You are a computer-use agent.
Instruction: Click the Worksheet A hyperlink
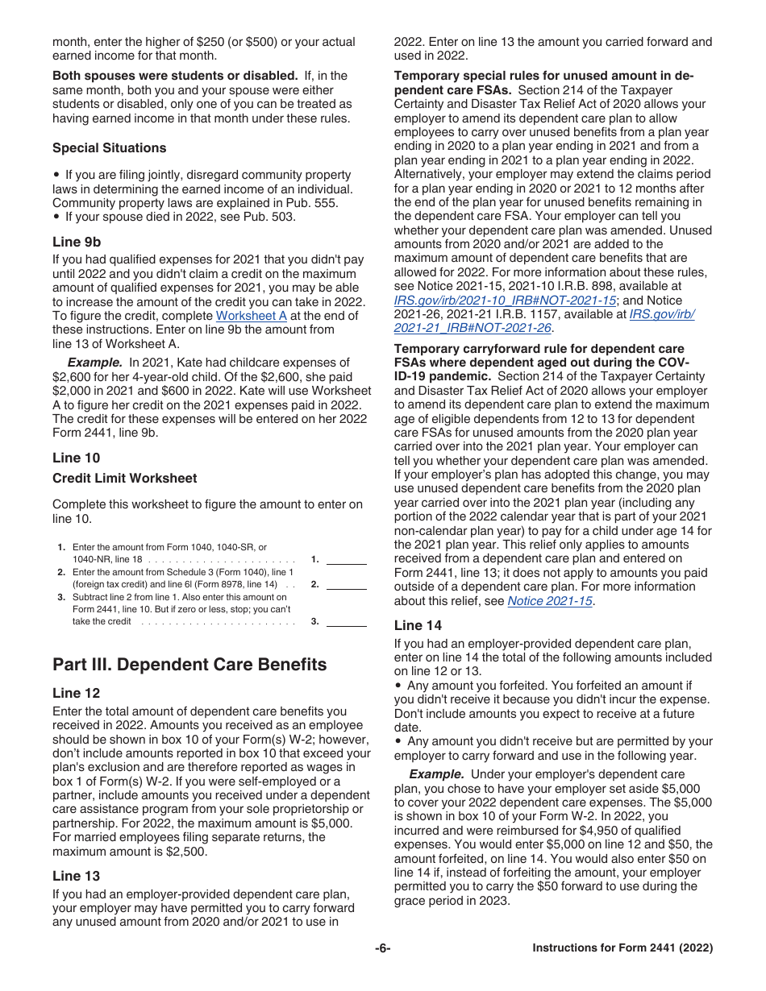[x=251, y=316]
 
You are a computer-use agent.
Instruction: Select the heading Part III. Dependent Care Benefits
[x=189, y=665]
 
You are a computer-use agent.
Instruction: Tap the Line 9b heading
[x=77, y=242]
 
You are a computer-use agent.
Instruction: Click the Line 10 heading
[x=77, y=458]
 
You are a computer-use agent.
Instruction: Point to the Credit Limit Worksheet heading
[x=124, y=479]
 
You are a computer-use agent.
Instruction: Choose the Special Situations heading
[x=110, y=148]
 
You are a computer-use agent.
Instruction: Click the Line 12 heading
[x=77, y=693]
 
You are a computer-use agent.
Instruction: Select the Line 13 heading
[x=77, y=876]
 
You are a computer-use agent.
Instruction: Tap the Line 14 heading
[x=418, y=625]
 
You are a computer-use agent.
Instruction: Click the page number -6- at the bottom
[x=383, y=948]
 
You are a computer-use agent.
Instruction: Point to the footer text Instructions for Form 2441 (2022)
[x=622, y=948]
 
